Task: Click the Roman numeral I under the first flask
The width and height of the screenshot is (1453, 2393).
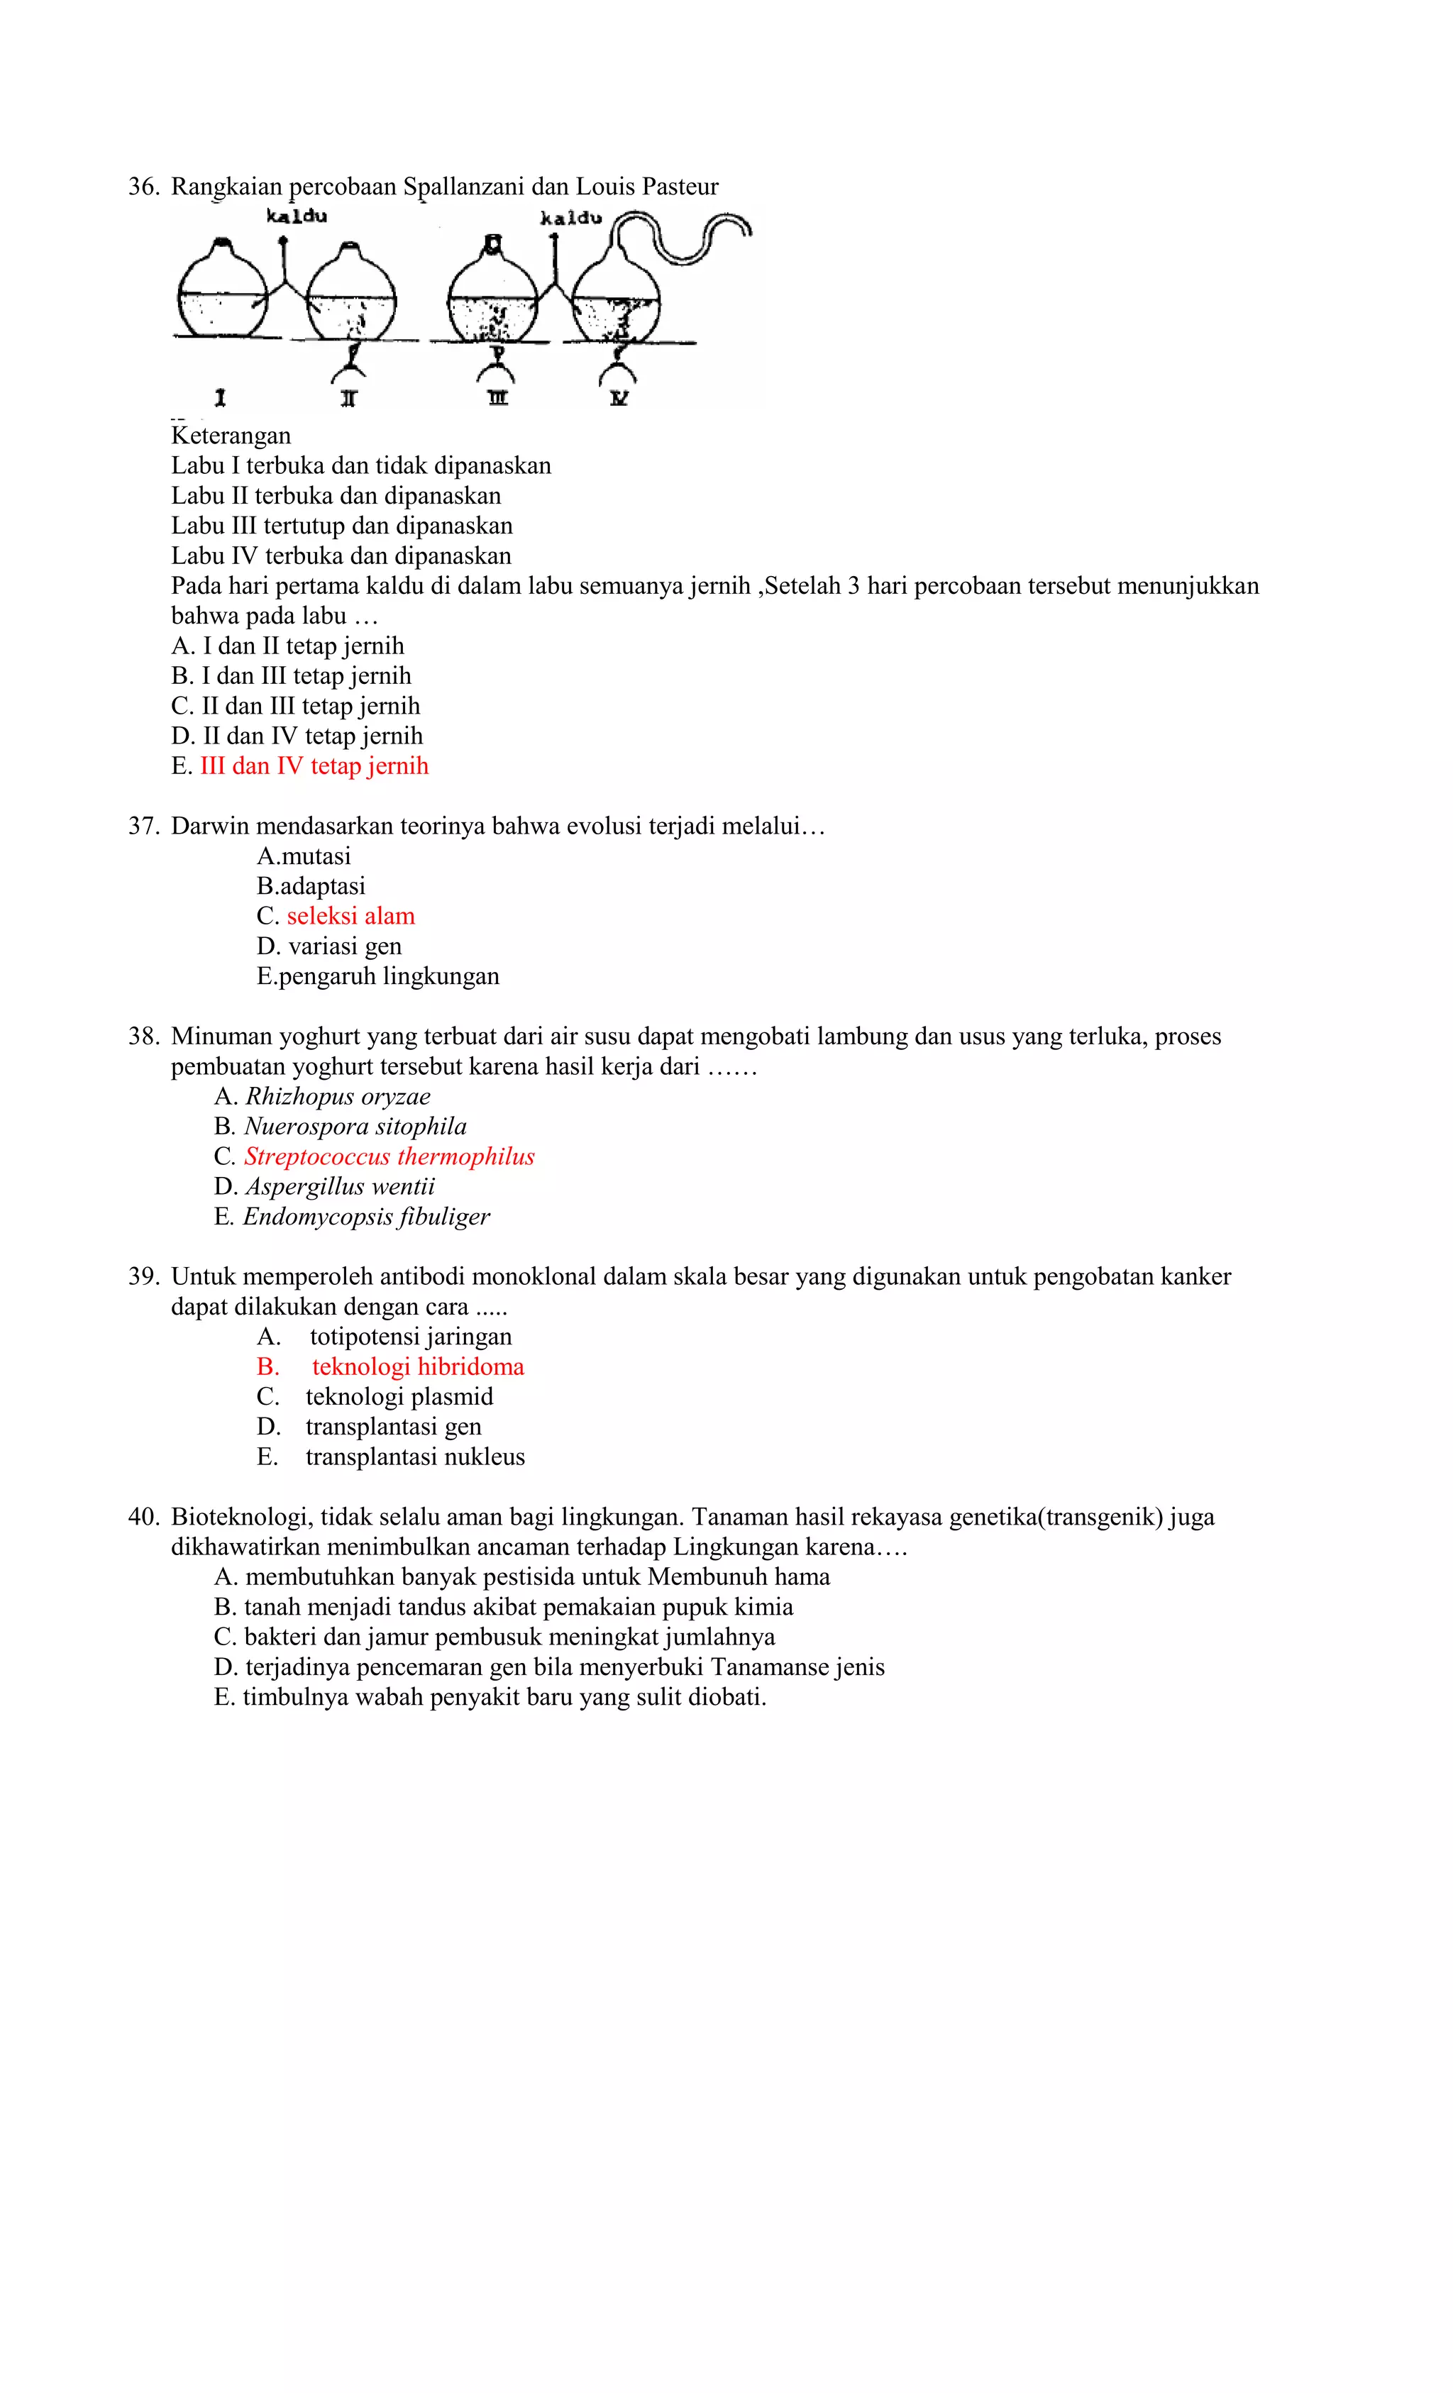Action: [x=221, y=397]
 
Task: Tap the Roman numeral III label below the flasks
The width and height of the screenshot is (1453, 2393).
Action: [x=497, y=397]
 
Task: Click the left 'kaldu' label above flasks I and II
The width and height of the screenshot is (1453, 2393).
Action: [x=297, y=216]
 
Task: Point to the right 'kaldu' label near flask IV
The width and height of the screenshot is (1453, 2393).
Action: [x=571, y=219]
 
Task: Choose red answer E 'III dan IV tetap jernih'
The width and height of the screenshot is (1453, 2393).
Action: [x=313, y=766]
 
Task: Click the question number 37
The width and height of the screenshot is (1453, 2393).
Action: [x=142, y=827]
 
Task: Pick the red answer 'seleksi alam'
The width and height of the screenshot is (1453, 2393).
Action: [x=350, y=916]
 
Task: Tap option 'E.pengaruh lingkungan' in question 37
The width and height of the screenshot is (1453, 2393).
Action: [x=378, y=976]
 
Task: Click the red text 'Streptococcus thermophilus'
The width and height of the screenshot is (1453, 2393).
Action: [x=389, y=1156]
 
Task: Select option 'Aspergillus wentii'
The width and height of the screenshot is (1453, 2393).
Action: [x=339, y=1187]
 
